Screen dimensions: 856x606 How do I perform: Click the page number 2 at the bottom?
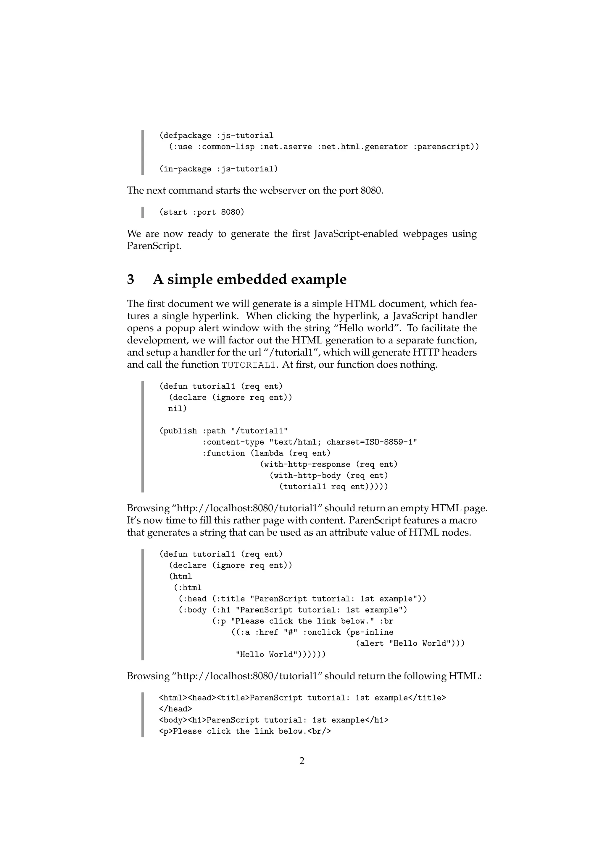(x=302, y=761)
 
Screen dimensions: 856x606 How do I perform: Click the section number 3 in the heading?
(x=130, y=279)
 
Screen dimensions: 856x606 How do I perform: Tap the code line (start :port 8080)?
(x=202, y=212)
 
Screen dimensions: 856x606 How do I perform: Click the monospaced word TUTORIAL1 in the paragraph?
(x=249, y=365)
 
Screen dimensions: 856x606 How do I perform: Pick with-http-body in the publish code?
(x=307, y=476)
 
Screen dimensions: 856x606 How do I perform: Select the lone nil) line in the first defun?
(x=177, y=408)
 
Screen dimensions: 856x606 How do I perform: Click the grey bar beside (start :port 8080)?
(x=143, y=212)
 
